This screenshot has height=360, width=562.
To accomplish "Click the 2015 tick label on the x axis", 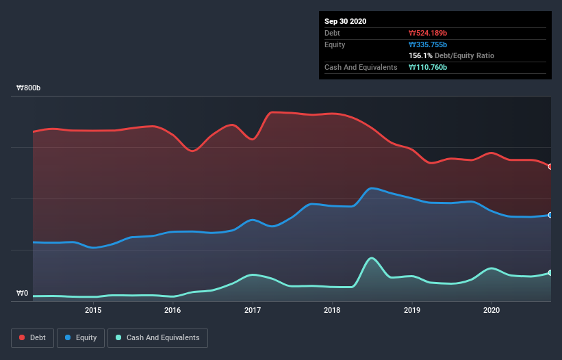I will click(93, 310).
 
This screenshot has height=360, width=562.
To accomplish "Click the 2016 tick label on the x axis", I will click(173, 310).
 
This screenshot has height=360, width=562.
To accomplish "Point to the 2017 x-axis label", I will click(253, 310).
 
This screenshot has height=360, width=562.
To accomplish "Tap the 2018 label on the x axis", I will click(332, 310).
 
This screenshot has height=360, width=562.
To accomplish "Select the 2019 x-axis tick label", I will click(412, 310).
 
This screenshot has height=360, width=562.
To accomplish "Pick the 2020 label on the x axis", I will click(491, 310).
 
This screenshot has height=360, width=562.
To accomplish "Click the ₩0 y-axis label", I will click(23, 294).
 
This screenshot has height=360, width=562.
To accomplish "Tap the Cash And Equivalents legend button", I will click(157, 337).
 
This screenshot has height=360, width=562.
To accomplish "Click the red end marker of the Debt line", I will click(550, 166).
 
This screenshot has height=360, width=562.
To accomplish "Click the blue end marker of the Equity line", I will click(550, 215).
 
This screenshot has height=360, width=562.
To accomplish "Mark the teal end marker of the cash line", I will click(550, 272).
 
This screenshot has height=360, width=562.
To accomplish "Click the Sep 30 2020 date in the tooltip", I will click(346, 21).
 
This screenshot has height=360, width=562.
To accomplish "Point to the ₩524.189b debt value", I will click(428, 33).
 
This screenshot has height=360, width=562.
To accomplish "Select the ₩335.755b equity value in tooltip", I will click(428, 44).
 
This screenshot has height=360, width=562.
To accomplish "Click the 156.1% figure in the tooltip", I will click(420, 55).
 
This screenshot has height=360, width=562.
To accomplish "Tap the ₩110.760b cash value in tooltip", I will click(428, 67).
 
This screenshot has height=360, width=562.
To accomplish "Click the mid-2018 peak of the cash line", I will click(371, 258).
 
